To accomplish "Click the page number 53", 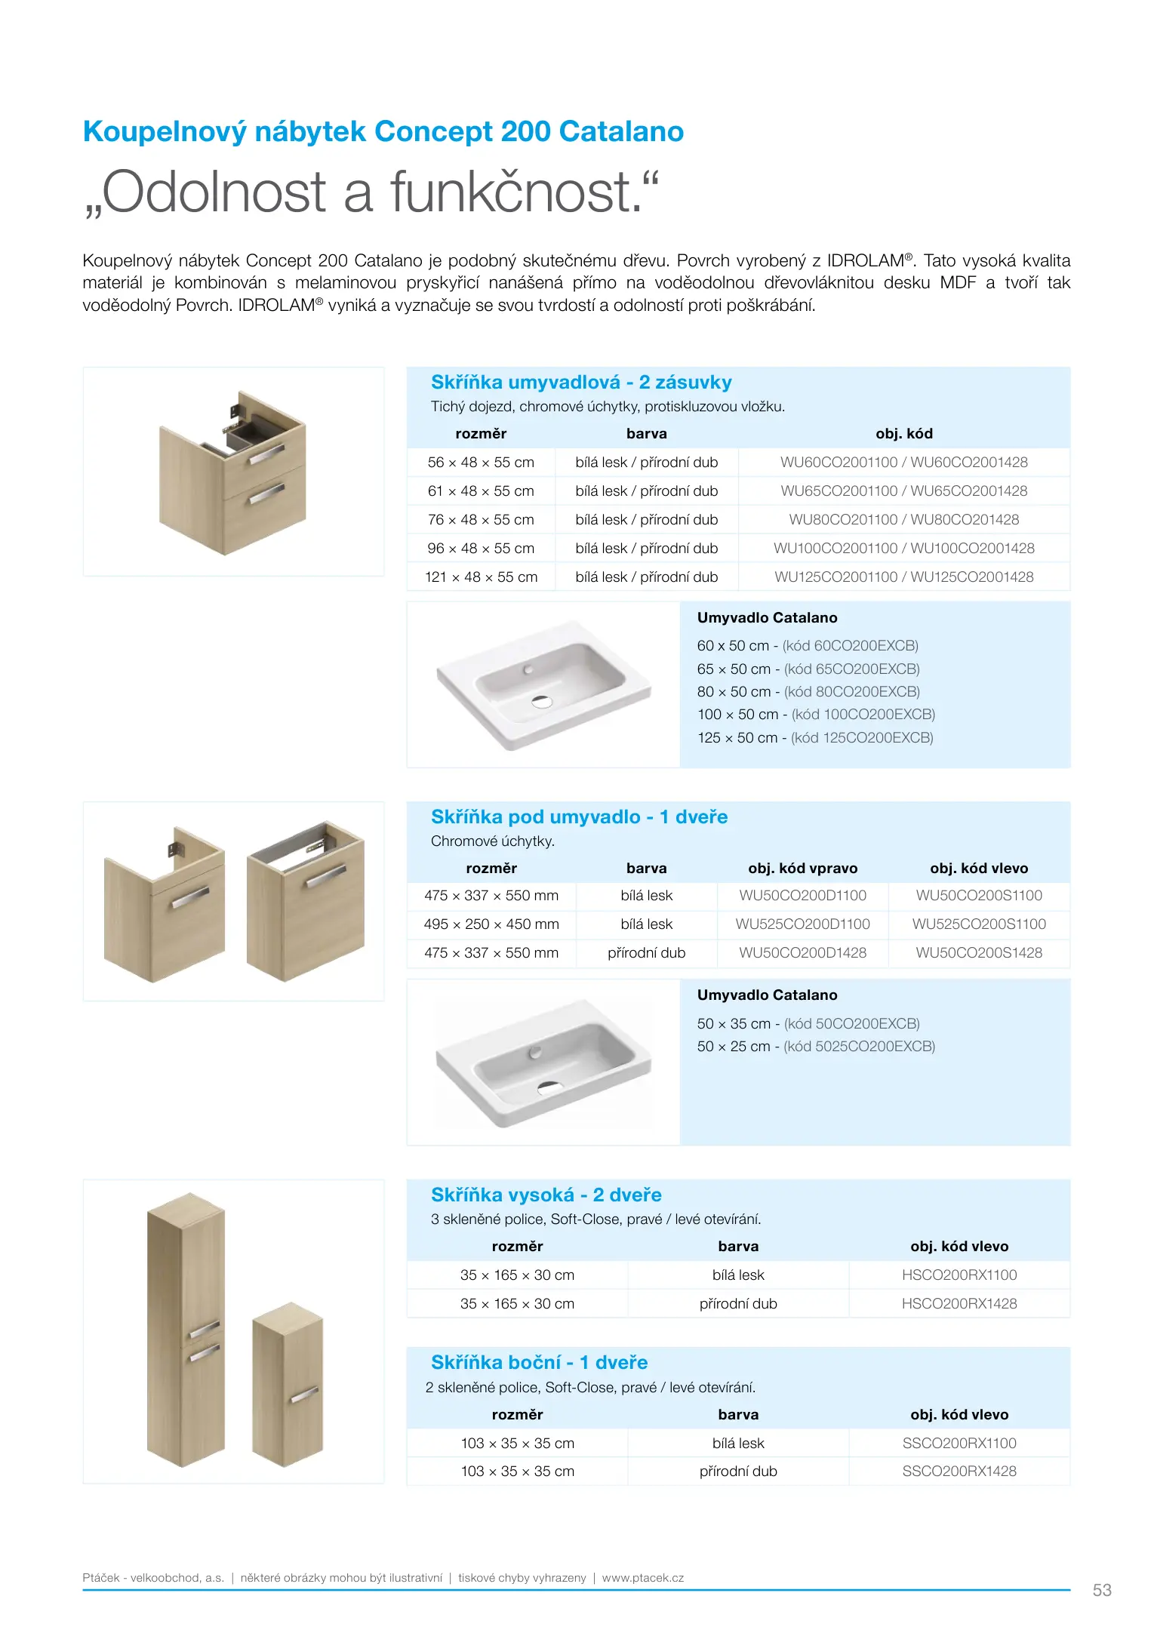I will (x=1101, y=1590).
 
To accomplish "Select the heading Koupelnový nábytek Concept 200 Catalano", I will (x=383, y=131).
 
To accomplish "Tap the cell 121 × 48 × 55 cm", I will (x=481, y=577).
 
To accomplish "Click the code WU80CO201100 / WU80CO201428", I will (x=903, y=520).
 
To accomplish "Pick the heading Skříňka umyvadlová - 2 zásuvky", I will (x=581, y=383).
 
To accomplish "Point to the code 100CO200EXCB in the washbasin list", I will (x=863, y=715).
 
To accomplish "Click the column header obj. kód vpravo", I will (x=802, y=869).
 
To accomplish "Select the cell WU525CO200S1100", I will (x=979, y=924).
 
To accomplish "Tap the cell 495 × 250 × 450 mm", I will (x=491, y=924).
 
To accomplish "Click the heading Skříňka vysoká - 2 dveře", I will (x=546, y=1195).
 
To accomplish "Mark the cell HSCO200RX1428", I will (x=959, y=1304).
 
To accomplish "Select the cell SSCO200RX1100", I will (x=959, y=1444).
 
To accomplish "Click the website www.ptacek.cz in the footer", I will (x=643, y=1578).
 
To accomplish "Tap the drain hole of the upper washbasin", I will (x=542, y=701).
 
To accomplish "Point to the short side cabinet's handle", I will (x=304, y=1395).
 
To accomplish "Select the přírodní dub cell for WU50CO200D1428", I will (x=646, y=953).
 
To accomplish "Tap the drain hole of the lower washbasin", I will (x=549, y=1087).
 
